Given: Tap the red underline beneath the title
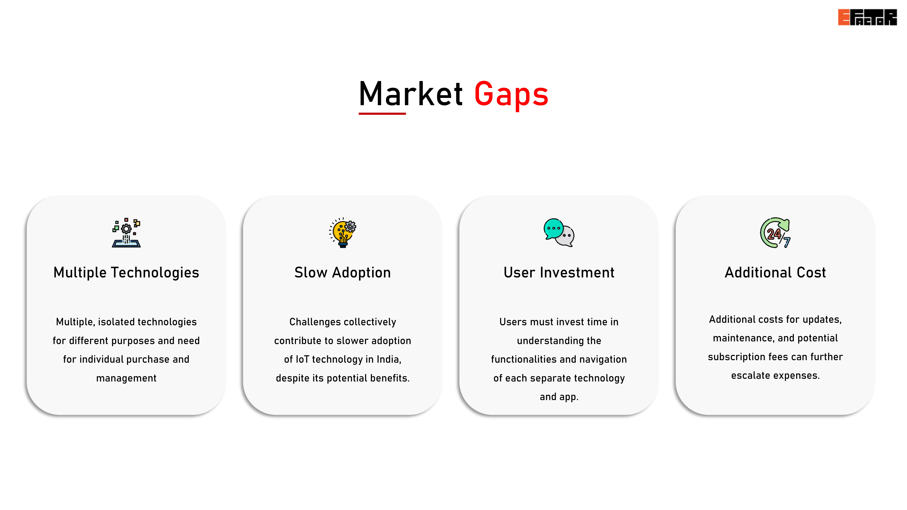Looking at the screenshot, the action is point(382,114).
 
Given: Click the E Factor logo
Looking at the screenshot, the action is point(867,17).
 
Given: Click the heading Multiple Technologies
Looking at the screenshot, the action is point(126,273).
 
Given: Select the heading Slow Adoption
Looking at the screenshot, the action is point(343,273).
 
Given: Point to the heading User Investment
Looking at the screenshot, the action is point(559,273).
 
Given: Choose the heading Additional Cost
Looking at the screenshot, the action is point(775,273).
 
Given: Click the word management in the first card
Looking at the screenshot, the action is point(126,378).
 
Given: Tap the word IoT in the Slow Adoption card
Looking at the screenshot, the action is point(302,359).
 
